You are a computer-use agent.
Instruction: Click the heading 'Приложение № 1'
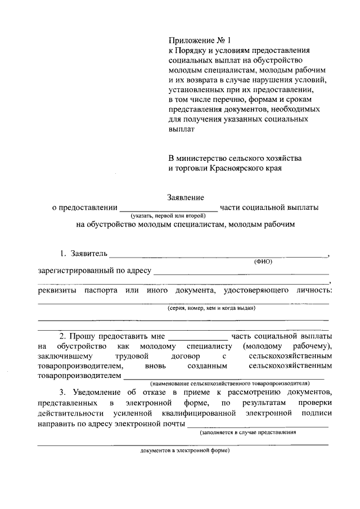click(200, 40)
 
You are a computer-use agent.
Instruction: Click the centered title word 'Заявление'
click(186, 197)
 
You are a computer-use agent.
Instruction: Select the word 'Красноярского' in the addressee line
click(232, 168)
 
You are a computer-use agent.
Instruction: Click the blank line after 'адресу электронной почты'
click(258, 426)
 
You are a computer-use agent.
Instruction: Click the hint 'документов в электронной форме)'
click(186, 451)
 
